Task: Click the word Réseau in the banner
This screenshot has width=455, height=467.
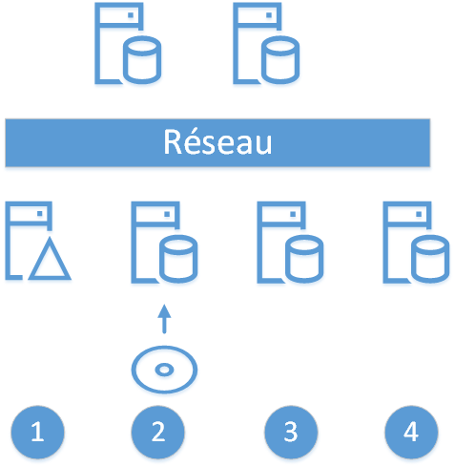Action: point(217,142)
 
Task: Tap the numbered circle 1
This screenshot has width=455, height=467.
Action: point(37,432)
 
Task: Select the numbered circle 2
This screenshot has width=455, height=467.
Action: point(158,432)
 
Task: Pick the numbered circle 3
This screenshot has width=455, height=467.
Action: point(291,432)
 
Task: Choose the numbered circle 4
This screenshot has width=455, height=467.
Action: point(411,432)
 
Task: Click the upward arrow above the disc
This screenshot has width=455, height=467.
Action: point(164,319)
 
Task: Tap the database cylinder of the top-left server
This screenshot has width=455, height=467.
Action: point(142,60)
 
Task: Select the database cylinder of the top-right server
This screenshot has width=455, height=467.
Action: point(280,60)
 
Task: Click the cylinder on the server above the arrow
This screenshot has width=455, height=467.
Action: point(178,259)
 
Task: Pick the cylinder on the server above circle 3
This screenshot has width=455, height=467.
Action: point(304,259)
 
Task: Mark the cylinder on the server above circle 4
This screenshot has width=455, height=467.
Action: point(430,259)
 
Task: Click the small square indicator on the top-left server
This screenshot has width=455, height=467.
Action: point(131,15)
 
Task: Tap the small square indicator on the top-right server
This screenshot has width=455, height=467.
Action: point(269,15)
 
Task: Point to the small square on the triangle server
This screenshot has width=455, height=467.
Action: point(40,214)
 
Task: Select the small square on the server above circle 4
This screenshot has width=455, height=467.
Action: point(419,214)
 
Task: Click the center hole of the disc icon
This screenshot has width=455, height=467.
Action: point(164,370)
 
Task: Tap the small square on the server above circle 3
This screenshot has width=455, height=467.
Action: point(293,214)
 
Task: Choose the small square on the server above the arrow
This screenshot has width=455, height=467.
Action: point(167,214)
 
